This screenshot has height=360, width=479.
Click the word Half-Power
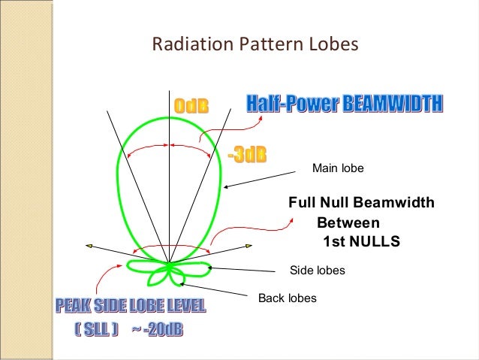pos(294,103)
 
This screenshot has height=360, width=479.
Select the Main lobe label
pos(337,168)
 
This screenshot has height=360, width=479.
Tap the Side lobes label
pos(317,270)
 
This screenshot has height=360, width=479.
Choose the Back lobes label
pos(287,298)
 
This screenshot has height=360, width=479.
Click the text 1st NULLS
pos(360,242)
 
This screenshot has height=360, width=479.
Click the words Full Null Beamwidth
pos(361,203)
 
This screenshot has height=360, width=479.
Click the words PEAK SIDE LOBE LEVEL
pos(129,306)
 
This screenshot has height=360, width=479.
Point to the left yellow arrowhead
pos(89,245)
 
